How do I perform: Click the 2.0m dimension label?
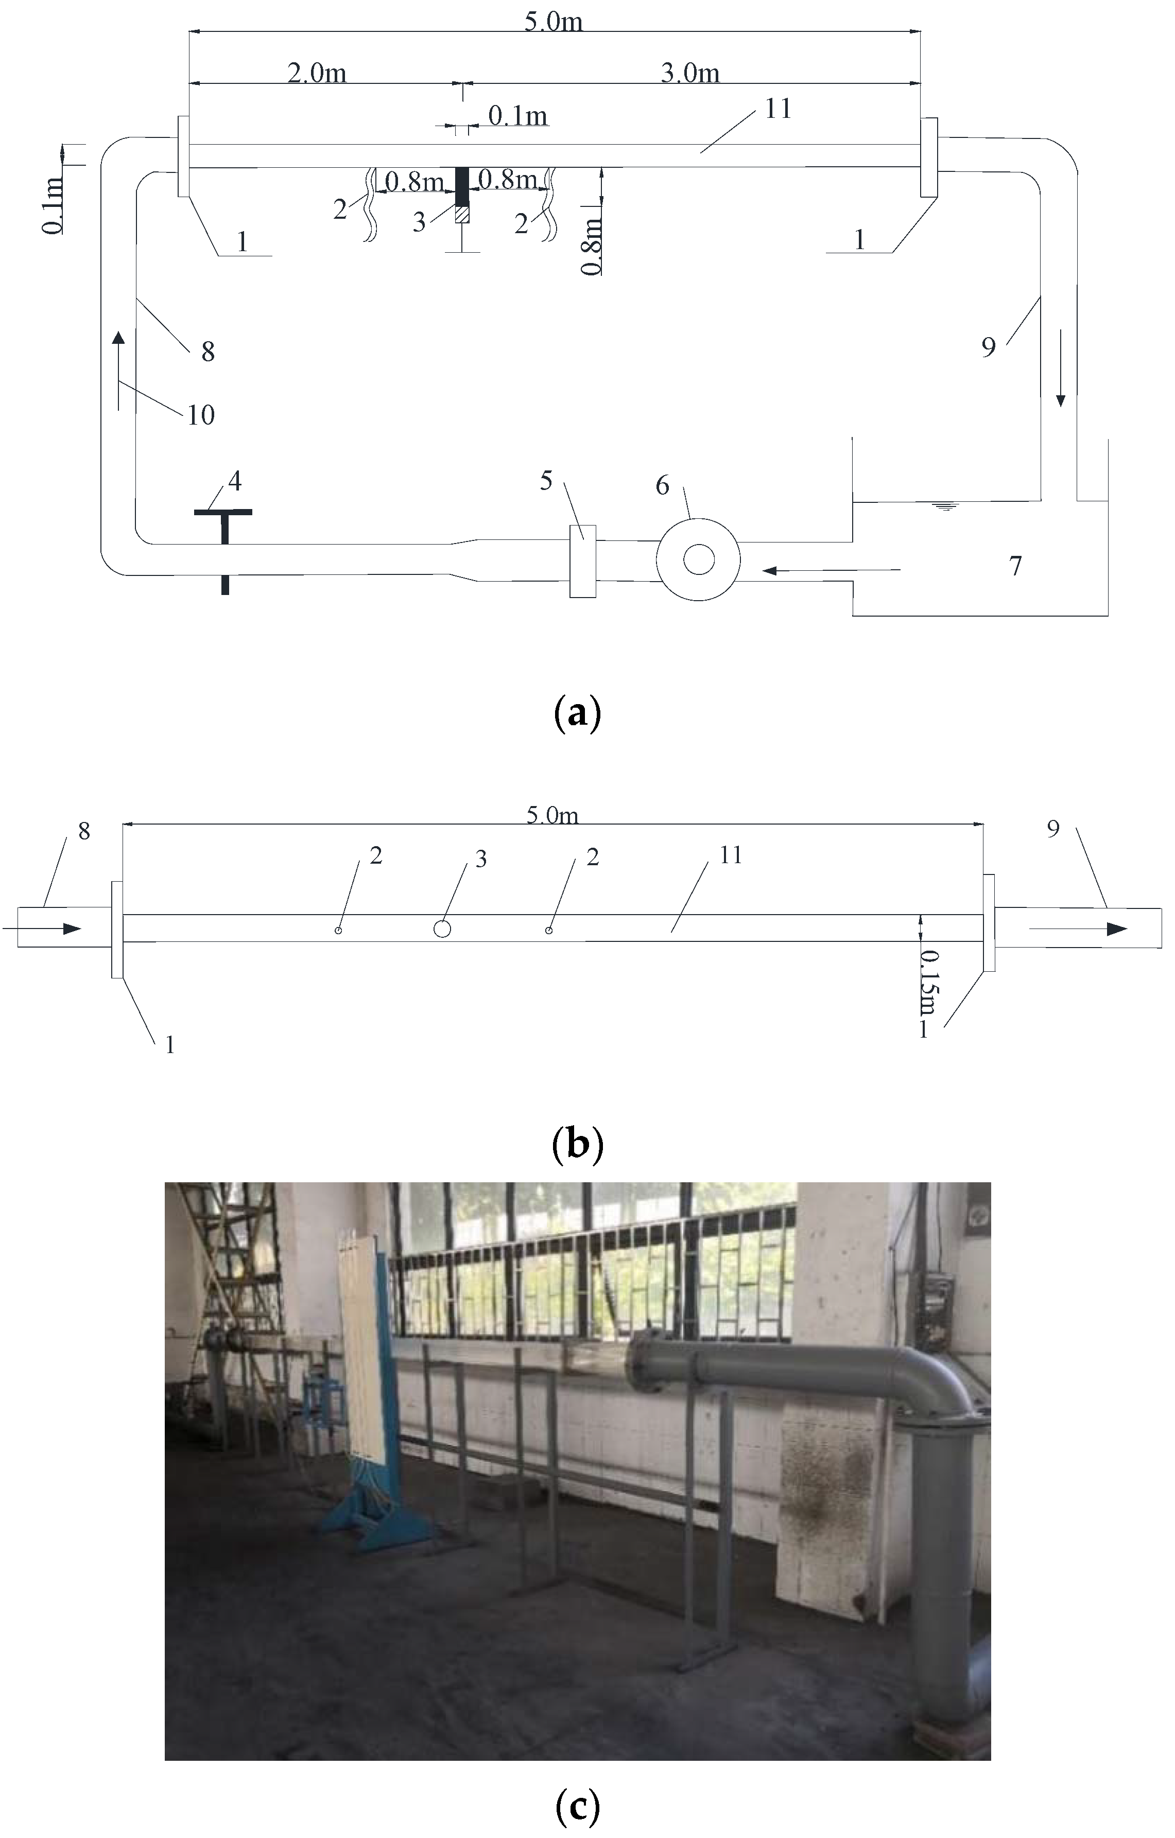coord(317,73)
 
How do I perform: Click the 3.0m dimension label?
coord(689,73)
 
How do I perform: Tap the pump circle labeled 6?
coord(698,561)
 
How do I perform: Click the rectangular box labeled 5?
coord(582,561)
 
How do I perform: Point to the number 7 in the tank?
coord(1015,566)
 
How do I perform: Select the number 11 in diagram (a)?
coord(778,109)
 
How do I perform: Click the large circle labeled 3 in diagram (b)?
coord(441,928)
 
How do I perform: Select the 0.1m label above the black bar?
coord(517,116)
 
